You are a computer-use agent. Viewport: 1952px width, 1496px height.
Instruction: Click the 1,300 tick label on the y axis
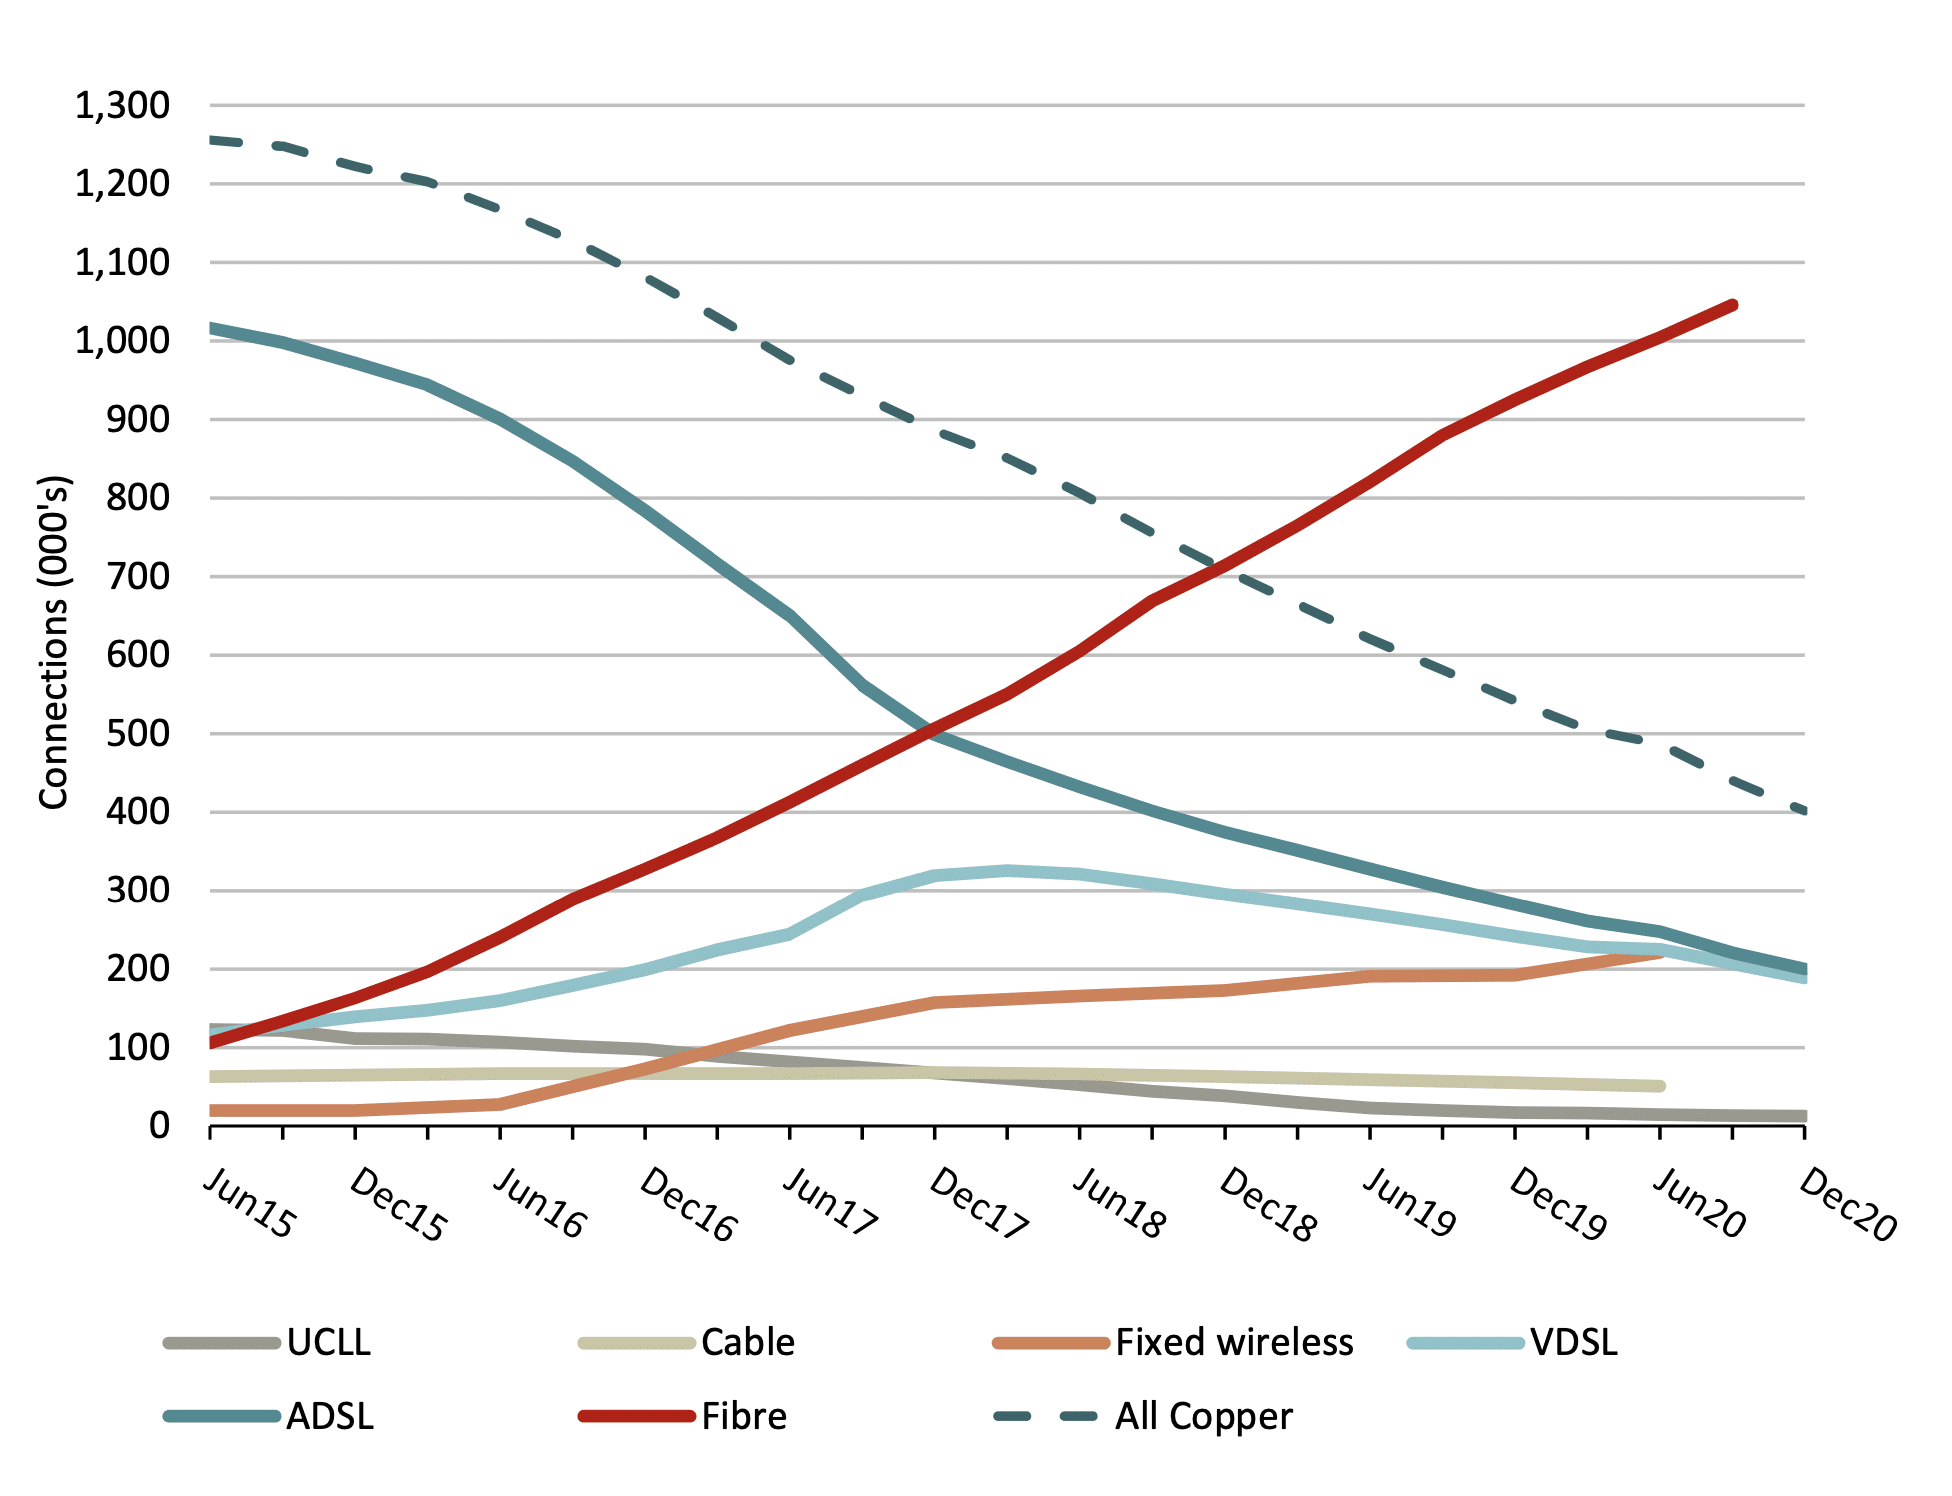(x=122, y=105)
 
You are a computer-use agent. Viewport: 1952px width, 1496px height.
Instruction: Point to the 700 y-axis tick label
(x=138, y=577)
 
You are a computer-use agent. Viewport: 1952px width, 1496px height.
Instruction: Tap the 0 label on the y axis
(x=159, y=1126)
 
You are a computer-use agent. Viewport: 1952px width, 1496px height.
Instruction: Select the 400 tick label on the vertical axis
(x=138, y=812)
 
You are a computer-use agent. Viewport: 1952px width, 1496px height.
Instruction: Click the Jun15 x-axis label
(x=250, y=1204)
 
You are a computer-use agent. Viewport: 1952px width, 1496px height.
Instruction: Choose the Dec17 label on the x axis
(x=978, y=1204)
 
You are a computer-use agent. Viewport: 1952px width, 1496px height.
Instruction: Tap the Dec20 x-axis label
(x=1847, y=1206)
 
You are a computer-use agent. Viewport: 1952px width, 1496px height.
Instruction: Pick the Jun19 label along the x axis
(x=1410, y=1204)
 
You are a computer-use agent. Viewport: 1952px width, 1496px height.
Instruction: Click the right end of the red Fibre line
(x=1732, y=305)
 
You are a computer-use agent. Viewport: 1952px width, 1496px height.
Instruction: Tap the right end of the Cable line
(x=1660, y=1086)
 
